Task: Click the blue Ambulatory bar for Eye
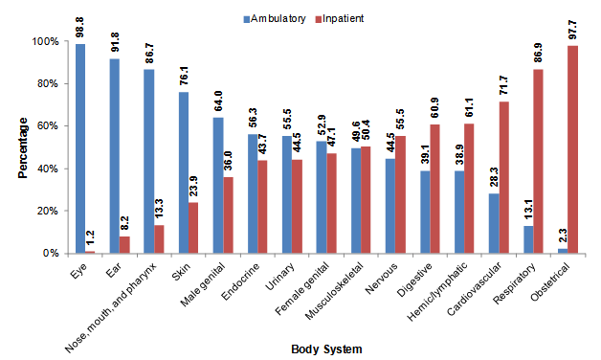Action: pyautogui.click(x=80, y=148)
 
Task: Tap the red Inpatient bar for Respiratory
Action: pyautogui.click(x=539, y=161)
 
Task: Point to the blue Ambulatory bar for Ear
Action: pyautogui.click(x=114, y=156)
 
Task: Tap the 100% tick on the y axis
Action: pyautogui.click(x=46, y=42)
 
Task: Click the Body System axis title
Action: pyautogui.click(x=326, y=349)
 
